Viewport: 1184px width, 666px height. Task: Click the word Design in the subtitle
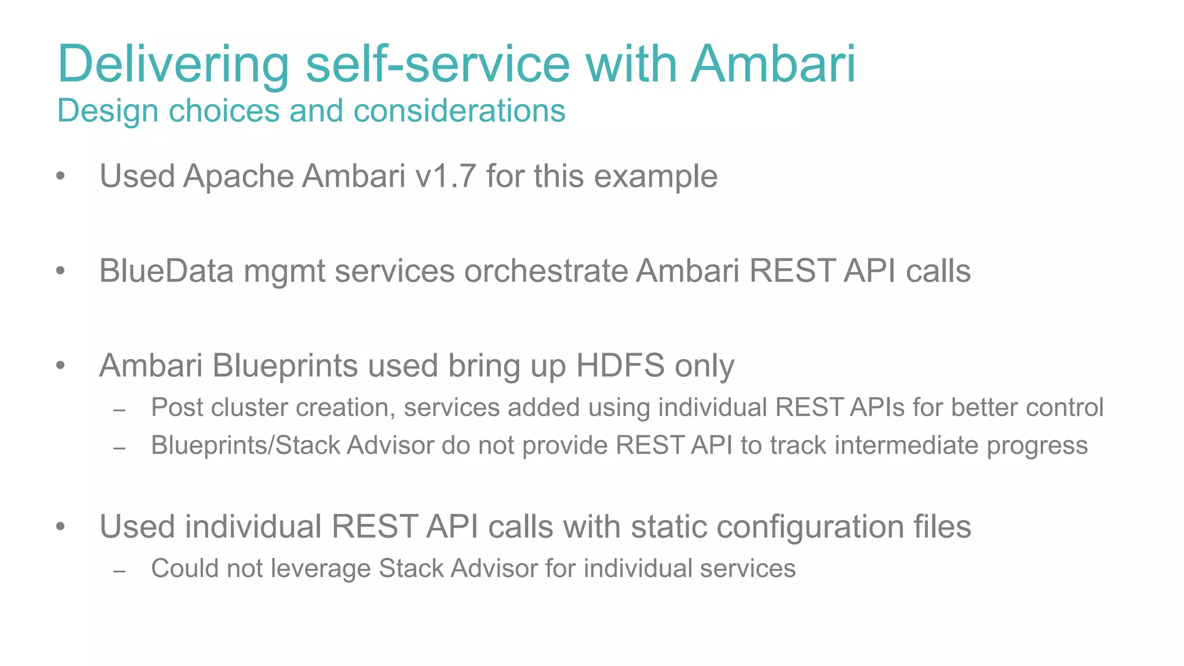pos(108,110)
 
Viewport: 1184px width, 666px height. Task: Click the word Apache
pos(238,176)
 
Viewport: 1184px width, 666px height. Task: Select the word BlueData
pos(166,271)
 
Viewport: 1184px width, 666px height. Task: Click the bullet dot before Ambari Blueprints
pos(61,366)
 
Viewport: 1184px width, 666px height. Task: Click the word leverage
pos(321,569)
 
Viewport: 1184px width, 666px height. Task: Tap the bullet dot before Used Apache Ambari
pos(61,176)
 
